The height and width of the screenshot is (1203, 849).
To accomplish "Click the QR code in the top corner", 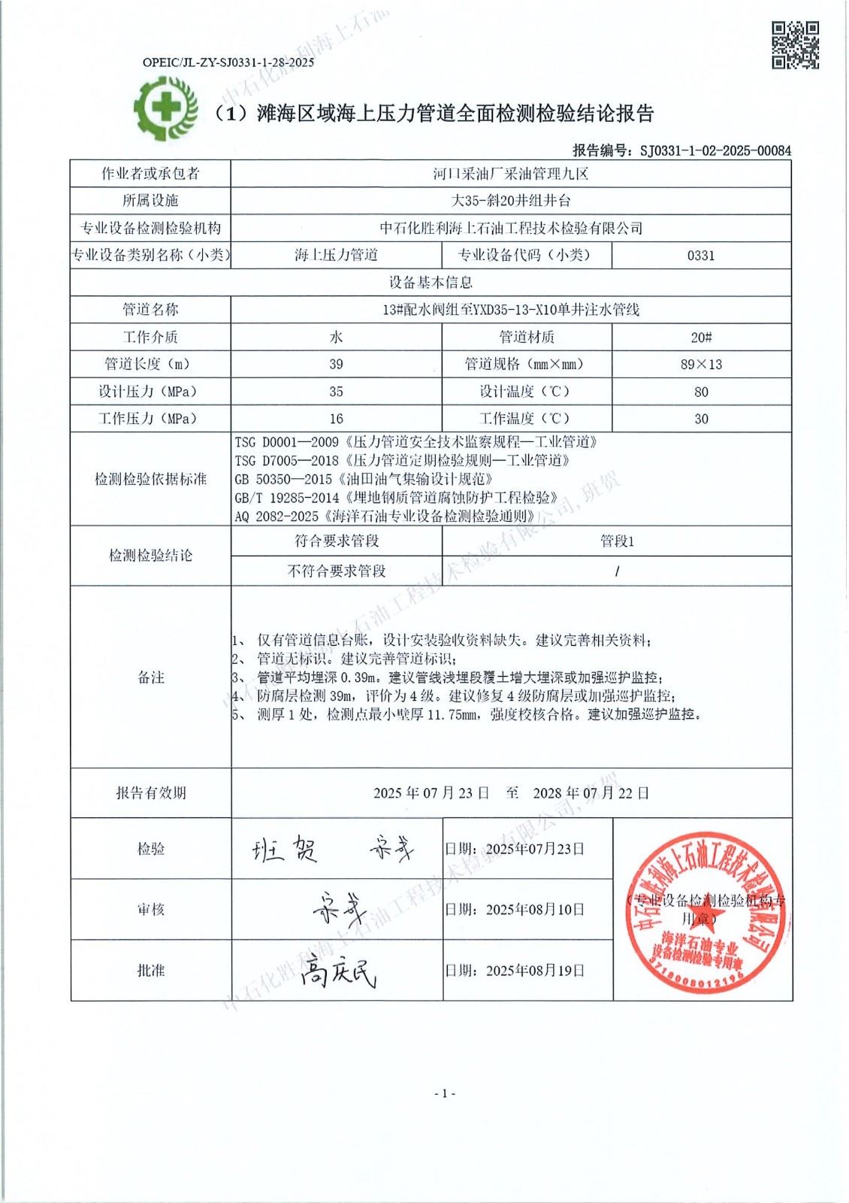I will tap(795, 45).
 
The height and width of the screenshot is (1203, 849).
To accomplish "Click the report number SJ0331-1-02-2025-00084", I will tap(715, 150).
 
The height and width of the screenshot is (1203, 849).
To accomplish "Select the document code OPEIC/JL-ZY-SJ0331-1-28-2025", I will tap(228, 62).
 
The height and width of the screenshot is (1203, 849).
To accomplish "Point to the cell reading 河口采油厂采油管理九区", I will tap(510, 174).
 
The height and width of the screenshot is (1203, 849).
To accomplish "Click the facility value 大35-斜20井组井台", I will tap(510, 201).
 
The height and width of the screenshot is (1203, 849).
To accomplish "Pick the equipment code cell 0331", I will tap(700, 255).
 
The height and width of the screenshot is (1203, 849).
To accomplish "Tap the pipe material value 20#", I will tap(700, 337).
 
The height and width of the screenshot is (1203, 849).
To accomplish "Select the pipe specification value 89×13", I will tap(700, 364).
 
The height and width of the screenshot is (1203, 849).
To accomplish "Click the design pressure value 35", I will tap(336, 392).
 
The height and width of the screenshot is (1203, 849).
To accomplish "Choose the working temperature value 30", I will tap(700, 419).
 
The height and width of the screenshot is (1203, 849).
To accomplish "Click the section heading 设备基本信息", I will tap(430, 283).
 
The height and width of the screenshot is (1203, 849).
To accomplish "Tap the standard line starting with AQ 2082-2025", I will tap(385, 516).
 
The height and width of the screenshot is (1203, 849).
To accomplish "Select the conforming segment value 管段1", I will tap(616, 541).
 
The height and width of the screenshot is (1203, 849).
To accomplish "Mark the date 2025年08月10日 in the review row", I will tap(535, 909).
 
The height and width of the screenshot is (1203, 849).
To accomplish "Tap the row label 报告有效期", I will tap(150, 792).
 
